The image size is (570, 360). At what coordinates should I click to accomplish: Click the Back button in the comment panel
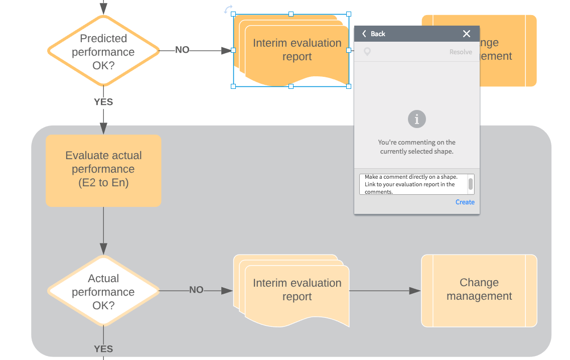pyautogui.click(x=374, y=34)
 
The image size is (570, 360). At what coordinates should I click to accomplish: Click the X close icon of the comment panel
pyautogui.click(x=467, y=34)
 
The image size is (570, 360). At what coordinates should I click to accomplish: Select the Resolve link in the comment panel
pyautogui.click(x=461, y=52)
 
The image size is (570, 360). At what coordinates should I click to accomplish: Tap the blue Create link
pyautogui.click(x=465, y=202)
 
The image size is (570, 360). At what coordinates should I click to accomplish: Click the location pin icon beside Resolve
pyautogui.click(x=367, y=52)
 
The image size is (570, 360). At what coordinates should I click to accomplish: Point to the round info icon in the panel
pyautogui.click(x=416, y=119)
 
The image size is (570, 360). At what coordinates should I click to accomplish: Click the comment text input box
pyautogui.click(x=413, y=184)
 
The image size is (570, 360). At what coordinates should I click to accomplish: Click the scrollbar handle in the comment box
pyautogui.click(x=471, y=184)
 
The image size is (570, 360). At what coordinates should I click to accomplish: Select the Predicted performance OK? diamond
pyautogui.click(x=103, y=51)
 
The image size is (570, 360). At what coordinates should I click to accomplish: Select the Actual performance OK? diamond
pyautogui.click(x=103, y=291)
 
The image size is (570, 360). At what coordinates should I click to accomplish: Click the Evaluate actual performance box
pyautogui.click(x=103, y=170)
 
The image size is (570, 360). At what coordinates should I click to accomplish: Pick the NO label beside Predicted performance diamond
pyautogui.click(x=182, y=50)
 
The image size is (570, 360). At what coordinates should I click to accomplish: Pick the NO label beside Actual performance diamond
pyautogui.click(x=196, y=290)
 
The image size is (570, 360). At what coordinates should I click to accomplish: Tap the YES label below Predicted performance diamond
pyautogui.click(x=103, y=102)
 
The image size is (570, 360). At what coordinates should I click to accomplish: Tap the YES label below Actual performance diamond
pyautogui.click(x=103, y=349)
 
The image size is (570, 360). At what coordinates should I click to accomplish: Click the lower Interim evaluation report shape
pyautogui.click(x=296, y=290)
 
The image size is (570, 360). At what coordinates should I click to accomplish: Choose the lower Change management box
pyautogui.click(x=479, y=290)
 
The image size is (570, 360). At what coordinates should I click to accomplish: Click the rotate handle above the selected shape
pyautogui.click(x=228, y=10)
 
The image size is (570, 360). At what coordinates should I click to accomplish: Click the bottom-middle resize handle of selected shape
pyautogui.click(x=291, y=86)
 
